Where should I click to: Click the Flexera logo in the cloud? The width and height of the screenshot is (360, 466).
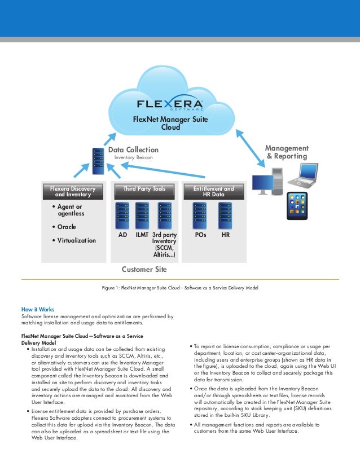point(170,106)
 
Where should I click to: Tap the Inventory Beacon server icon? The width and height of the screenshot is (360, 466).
point(98,160)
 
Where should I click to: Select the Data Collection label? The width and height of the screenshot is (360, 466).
point(133,150)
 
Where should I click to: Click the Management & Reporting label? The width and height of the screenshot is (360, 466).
point(287,152)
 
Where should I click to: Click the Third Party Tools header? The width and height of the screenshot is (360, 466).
point(144,188)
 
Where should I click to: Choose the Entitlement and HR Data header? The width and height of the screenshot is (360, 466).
point(213,192)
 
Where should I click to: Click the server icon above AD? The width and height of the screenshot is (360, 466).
point(122,215)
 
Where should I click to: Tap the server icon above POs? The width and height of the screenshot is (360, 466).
point(200,215)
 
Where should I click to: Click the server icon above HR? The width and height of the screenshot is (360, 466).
point(225,215)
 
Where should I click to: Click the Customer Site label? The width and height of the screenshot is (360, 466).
point(144,269)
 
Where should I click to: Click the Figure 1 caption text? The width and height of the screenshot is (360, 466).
point(179,288)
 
